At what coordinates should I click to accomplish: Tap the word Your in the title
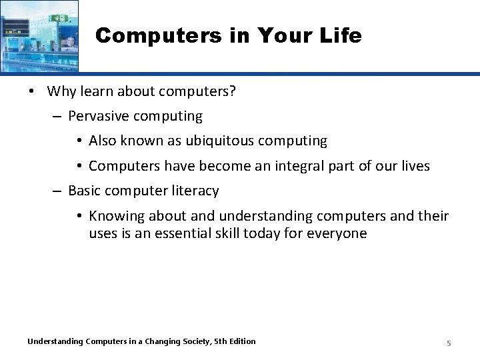pos(287,35)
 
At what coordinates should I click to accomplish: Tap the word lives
pos(415,165)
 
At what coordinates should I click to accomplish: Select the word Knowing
pos(114,215)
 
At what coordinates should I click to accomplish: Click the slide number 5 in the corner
pos(449,343)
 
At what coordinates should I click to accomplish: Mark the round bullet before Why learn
pos(33,92)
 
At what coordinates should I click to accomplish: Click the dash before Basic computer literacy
pos(57,191)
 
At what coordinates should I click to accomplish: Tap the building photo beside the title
pos(39,35)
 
